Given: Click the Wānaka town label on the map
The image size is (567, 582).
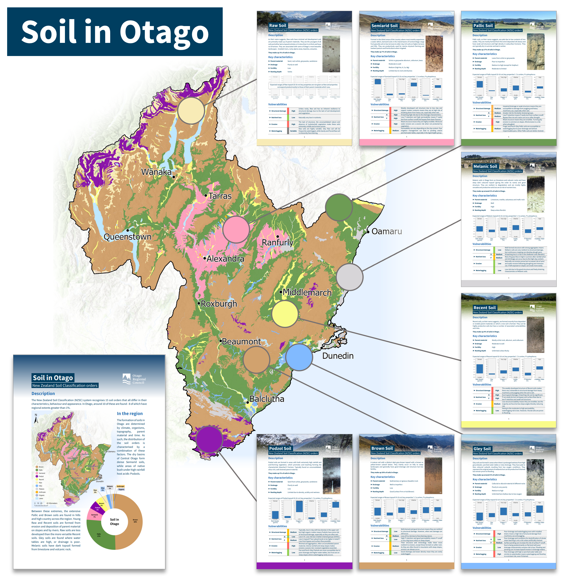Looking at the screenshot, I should click(x=156, y=172).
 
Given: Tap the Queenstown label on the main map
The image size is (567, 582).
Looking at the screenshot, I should click(x=127, y=237).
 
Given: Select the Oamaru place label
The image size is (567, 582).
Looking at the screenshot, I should click(x=386, y=232).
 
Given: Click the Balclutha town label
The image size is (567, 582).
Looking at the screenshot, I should click(x=266, y=399).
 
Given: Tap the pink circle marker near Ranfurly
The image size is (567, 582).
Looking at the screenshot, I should click(x=236, y=230).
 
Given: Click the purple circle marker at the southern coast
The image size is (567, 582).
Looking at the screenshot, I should click(x=209, y=439).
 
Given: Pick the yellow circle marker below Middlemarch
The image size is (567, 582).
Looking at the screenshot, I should click(x=285, y=314).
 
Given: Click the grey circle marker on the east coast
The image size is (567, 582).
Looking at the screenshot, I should click(x=350, y=277).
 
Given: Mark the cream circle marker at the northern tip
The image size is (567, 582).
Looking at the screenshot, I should click(x=191, y=110).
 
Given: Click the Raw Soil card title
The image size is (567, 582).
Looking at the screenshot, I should click(x=278, y=26).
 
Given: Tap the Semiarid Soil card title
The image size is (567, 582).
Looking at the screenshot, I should click(x=384, y=26).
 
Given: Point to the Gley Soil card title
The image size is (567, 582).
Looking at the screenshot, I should click(x=482, y=449).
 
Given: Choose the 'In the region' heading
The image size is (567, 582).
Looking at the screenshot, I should click(x=129, y=414).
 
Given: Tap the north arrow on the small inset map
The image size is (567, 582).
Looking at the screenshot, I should click(x=36, y=419).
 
